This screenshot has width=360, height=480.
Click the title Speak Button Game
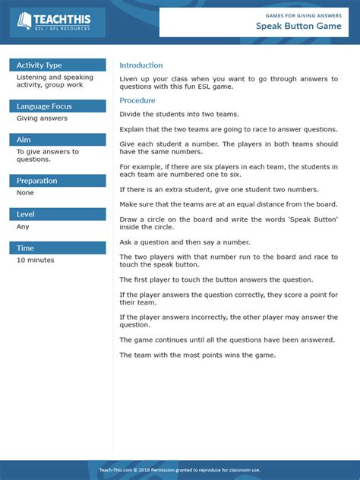pos(296,27)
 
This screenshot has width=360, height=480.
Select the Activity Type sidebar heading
pos(39,65)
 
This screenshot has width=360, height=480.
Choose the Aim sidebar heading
pos(24,140)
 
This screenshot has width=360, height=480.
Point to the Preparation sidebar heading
pos(37,181)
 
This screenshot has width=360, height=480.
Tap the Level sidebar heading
pos(26,214)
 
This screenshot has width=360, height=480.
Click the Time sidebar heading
pos(25,248)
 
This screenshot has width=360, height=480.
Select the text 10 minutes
pos(36,260)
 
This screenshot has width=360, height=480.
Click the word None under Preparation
pos(25,193)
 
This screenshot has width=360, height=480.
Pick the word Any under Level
pos(23,226)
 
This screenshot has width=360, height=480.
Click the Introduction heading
pos(141,65)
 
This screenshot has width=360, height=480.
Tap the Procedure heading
pos(137,100)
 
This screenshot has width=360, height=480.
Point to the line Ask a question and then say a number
pos(184,242)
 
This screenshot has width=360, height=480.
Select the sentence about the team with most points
pos(197,355)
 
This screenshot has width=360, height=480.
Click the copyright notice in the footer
pos(180,470)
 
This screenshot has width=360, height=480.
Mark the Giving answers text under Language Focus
pos(42,118)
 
